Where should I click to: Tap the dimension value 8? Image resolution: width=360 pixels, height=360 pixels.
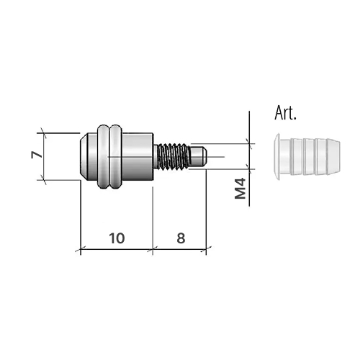tap(180, 237)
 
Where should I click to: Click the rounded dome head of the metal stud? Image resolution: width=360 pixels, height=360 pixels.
tap(86, 156)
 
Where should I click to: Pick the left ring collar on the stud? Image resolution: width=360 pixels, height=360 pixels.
tap(101, 156)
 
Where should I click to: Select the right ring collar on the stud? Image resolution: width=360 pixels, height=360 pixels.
tap(115, 156)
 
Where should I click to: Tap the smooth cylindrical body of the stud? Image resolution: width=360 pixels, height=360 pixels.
tap(138, 156)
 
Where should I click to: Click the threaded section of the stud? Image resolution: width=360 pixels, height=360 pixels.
tap(173, 156)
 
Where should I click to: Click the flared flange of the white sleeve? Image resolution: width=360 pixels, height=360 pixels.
tap(275, 155)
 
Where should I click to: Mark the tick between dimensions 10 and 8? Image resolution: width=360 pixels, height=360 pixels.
tap(153, 250)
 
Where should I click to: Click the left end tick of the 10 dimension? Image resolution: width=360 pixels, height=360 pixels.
tap(80, 250)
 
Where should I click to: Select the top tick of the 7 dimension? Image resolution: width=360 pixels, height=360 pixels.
tap(43, 132)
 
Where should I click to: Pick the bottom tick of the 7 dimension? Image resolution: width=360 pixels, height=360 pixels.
tap(43, 180)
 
